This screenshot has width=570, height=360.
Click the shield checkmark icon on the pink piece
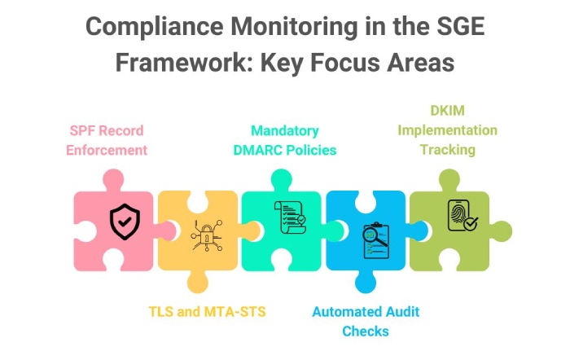pos(125,222)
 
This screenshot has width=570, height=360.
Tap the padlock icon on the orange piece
pos(207,235)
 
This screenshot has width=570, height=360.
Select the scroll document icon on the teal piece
pos(290,217)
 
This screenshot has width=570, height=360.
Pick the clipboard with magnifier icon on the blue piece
pos(376,240)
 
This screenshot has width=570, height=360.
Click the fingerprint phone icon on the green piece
pos(462,215)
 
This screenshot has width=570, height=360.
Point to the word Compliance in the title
pos(155,27)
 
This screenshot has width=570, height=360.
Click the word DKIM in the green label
pos(448,111)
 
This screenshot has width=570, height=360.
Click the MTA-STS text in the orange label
pos(235,312)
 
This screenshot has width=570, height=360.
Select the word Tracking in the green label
pos(448,150)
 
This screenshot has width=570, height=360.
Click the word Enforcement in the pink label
pos(107,150)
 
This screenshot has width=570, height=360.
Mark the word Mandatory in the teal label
pos(285,131)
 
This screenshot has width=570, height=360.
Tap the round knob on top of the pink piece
pos(113,180)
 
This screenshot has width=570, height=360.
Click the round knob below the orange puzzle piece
pos(198,282)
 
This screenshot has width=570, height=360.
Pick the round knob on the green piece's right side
pos(501,231)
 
